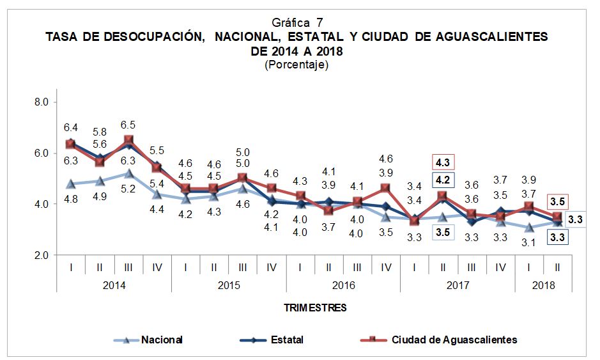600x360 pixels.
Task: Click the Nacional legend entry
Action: tap(162, 340)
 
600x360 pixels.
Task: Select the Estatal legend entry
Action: tap(286, 340)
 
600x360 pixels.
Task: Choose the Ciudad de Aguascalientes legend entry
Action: tap(454, 340)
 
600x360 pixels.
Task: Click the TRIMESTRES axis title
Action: tap(315, 308)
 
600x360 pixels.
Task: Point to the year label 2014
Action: tap(114, 285)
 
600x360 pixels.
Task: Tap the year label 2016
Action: tap(343, 285)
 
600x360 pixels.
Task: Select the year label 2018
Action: tap(543, 285)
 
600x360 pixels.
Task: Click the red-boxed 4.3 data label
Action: tap(444, 162)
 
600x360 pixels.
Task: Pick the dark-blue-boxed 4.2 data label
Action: tap(444, 180)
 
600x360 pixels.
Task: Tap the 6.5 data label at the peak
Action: tap(128, 125)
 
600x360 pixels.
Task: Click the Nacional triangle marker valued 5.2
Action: tap(128, 173)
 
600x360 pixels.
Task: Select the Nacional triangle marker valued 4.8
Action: tap(71, 184)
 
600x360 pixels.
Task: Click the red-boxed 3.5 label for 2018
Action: tap(557, 202)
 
